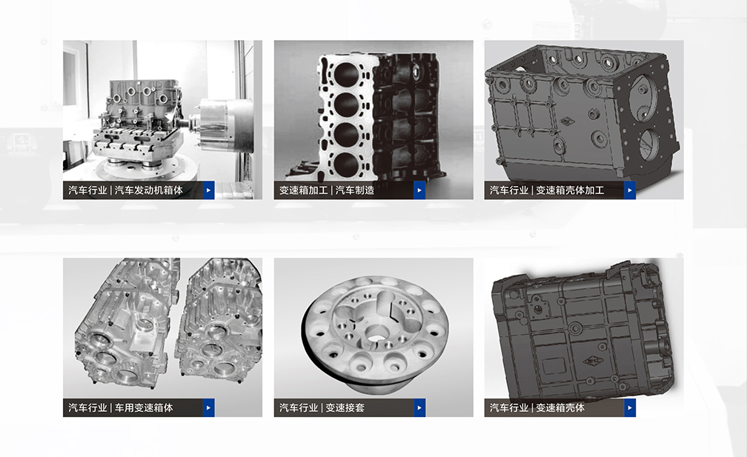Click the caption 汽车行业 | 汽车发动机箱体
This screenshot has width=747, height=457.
click(x=126, y=190)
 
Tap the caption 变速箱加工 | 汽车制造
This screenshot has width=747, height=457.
click(x=327, y=190)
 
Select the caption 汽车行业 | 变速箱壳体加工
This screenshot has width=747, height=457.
click(x=547, y=190)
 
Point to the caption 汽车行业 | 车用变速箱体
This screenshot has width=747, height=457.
click(x=121, y=408)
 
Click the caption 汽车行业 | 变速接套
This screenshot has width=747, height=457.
click(x=322, y=408)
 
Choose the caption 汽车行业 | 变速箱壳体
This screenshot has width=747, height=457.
click(x=537, y=408)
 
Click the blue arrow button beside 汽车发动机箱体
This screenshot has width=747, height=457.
click(x=209, y=190)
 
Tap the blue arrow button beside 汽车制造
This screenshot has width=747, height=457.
click(x=419, y=190)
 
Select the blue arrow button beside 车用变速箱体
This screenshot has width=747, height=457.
click(x=209, y=408)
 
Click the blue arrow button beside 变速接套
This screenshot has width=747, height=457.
click(x=419, y=408)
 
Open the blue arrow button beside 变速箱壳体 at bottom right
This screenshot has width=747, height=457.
click(x=630, y=408)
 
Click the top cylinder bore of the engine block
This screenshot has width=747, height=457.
click(x=346, y=73)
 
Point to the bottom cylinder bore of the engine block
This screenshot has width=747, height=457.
click(x=346, y=165)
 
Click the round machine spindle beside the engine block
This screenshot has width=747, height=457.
click(x=225, y=124)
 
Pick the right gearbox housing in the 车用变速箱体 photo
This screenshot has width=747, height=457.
click(x=219, y=320)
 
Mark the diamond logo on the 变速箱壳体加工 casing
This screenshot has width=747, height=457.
click(x=567, y=121)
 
